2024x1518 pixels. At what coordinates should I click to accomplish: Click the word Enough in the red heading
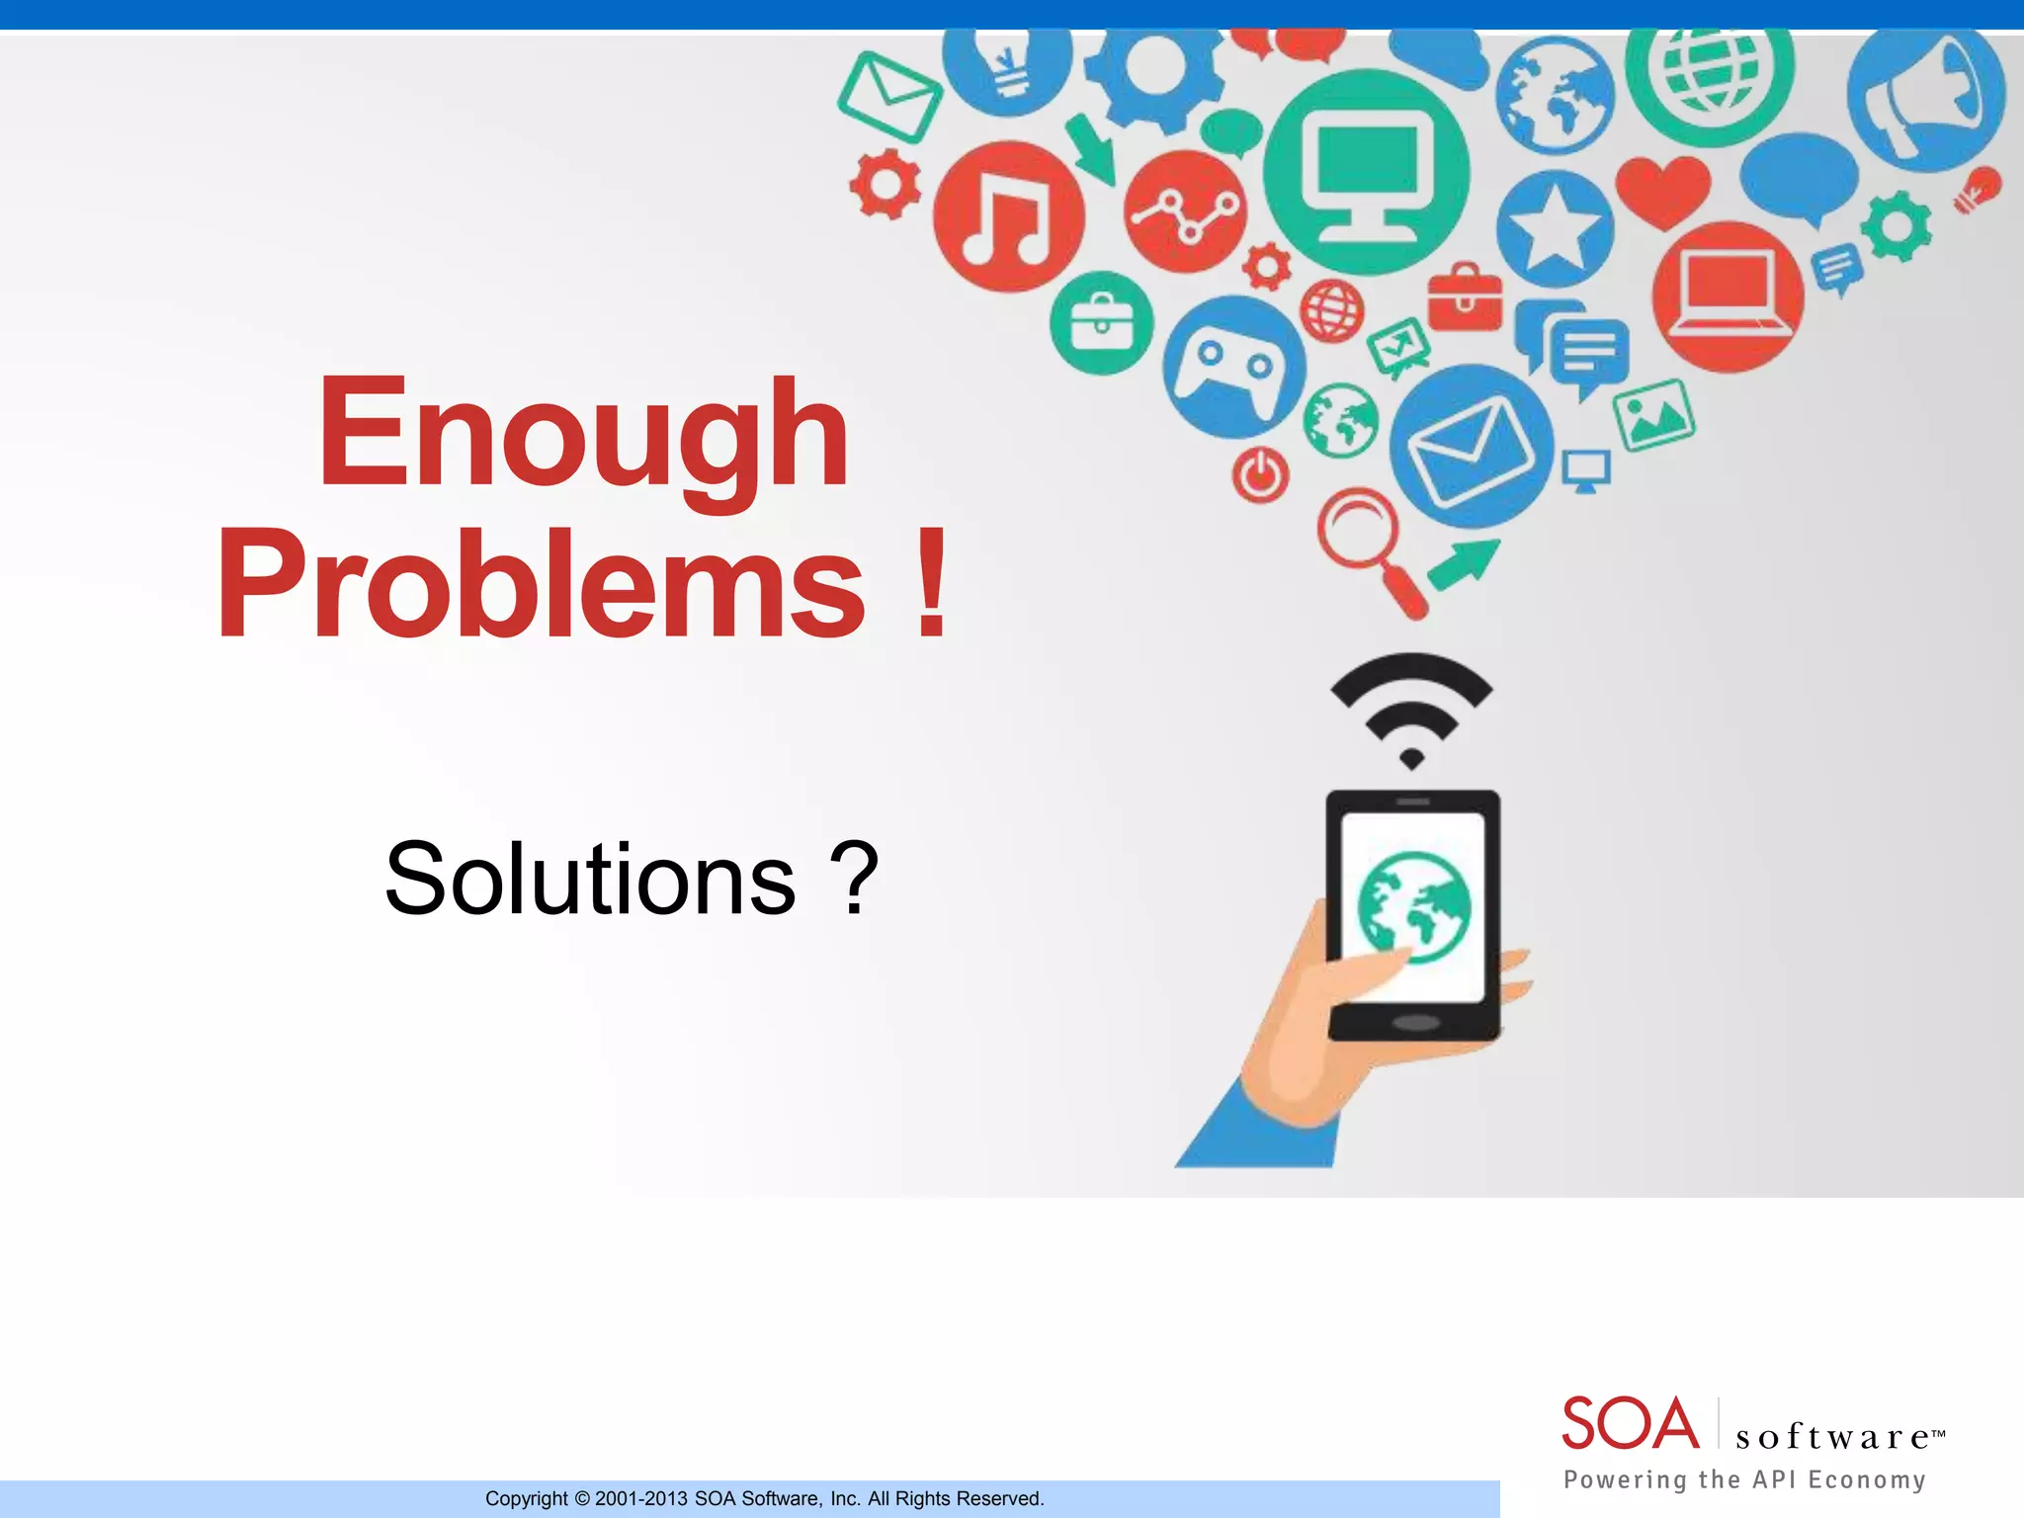pos(583,435)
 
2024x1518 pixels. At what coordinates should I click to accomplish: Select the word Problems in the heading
pos(541,585)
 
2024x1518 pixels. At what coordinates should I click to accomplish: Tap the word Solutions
pos(590,879)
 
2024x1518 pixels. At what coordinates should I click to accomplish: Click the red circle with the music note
pos(1008,216)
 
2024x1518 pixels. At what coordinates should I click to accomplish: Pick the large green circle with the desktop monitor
pos(1367,172)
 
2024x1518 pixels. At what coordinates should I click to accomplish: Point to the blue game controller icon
pos(1233,367)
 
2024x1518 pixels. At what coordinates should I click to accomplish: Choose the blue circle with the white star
pos(1554,229)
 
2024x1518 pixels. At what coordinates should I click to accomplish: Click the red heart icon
pos(1663,191)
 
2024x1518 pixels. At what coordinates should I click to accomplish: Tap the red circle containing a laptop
pos(1728,296)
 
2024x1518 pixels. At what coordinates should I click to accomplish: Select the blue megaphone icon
pos(1926,97)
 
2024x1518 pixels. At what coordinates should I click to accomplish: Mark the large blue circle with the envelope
pos(1471,447)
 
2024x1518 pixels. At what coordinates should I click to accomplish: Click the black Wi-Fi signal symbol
pos(1411,707)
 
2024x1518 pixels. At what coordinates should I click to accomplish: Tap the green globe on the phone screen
pos(1413,906)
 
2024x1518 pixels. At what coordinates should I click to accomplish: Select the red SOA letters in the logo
pos(1631,1424)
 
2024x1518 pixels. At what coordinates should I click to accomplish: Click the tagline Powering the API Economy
pos(1744,1479)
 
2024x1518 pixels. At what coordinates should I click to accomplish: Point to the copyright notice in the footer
pos(764,1498)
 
